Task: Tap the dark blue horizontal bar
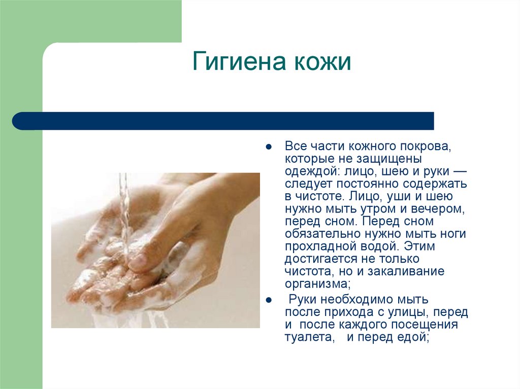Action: (223, 121)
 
